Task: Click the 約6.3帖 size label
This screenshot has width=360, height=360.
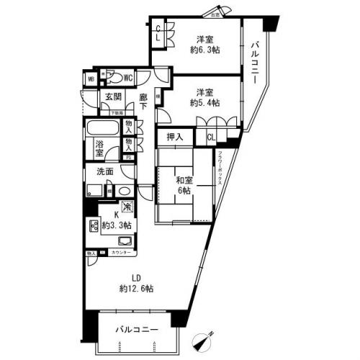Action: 204,51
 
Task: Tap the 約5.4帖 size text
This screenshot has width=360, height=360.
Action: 205,103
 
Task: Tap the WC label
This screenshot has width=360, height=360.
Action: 127,78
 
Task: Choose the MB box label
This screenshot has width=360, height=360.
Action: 91,79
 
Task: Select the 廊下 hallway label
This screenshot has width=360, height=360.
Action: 143,101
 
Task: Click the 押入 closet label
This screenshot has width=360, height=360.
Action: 175,138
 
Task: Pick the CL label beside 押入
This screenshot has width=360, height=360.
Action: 211,138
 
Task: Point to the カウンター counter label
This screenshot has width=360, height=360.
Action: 122,254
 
